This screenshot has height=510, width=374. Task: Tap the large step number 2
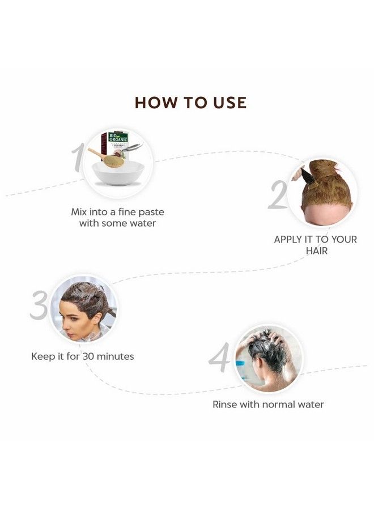[277, 194]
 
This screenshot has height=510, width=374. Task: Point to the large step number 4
[219, 357]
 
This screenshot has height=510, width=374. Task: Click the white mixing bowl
[118, 173]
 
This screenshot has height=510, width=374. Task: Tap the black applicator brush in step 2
[307, 176]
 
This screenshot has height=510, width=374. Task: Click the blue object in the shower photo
[241, 363]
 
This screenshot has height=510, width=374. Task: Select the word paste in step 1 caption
[151, 212]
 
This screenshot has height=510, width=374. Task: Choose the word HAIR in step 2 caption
[317, 251]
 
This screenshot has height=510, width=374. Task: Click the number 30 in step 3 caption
[88, 356]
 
